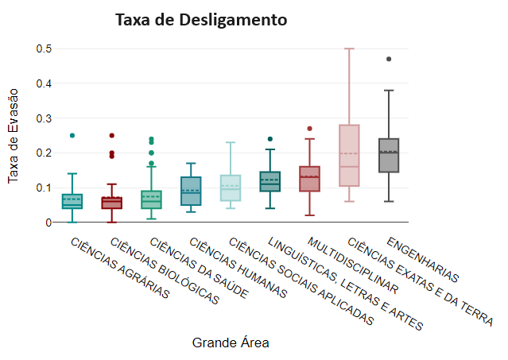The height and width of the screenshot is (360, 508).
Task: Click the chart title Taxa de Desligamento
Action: click(201, 19)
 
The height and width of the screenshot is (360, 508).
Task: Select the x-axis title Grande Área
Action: click(231, 343)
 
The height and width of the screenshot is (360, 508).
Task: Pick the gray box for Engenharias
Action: click(389, 155)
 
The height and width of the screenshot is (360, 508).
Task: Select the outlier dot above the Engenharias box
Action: click(389, 59)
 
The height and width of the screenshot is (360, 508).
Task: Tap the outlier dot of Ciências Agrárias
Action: click(72, 136)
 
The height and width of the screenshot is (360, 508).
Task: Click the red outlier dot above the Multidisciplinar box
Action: click(309, 129)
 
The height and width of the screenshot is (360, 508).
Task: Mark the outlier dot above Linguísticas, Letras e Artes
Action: click(270, 139)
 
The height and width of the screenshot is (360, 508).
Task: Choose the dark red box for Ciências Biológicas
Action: click(112, 203)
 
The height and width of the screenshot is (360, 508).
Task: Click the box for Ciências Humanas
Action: click(191, 191)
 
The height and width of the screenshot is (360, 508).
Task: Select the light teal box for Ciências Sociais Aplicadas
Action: click(231, 188)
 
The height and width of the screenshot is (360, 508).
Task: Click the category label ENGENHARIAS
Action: click(422, 259)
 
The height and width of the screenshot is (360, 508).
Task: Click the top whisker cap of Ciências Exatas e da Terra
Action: click(349, 49)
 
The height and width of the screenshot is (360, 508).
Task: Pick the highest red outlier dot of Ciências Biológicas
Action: click(112, 136)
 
